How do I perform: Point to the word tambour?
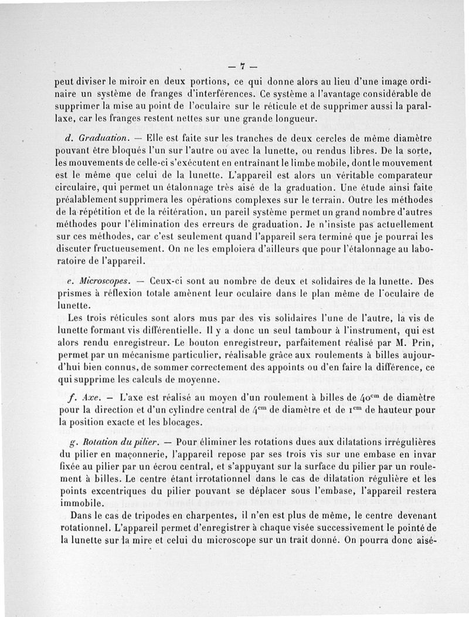point(308,331)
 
